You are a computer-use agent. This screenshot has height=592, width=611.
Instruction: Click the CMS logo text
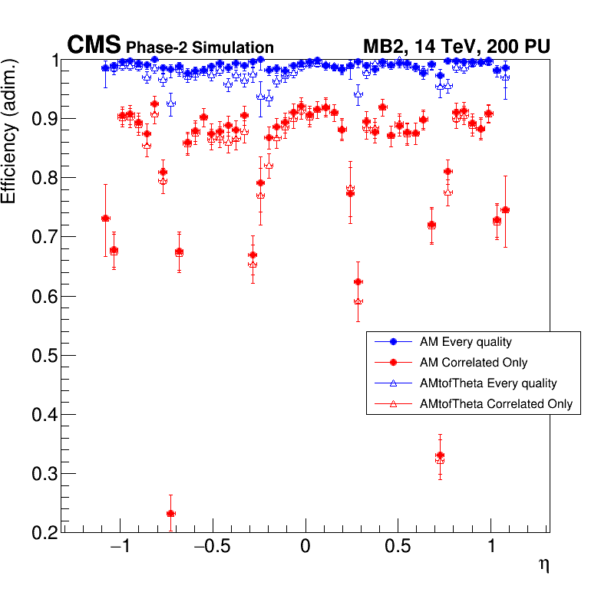tap(94, 46)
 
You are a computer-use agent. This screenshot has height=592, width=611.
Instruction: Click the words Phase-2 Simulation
tap(200, 48)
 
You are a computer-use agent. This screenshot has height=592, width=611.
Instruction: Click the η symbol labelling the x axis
tap(543, 566)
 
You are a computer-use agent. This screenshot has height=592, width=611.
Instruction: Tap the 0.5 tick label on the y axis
tap(44, 356)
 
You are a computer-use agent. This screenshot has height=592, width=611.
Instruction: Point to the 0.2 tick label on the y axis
tap(44, 533)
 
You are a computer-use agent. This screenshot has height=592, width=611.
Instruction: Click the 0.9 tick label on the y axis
tap(44, 119)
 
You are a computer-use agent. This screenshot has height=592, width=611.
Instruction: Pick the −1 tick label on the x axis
tap(120, 549)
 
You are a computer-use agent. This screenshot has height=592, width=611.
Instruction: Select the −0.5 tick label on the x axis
tap(212, 549)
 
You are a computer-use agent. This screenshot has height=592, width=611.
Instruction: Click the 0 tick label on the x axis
tap(305, 549)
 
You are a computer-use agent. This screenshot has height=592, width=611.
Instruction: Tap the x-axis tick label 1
tap(491, 549)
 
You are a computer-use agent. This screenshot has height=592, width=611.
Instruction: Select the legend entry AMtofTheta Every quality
tap(483, 383)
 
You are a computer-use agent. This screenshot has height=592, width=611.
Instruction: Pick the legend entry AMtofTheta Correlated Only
tap(490, 403)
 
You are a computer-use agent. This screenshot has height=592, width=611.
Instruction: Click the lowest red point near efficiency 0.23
tap(170, 514)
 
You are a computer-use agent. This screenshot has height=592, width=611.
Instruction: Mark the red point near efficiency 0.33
tap(440, 456)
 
